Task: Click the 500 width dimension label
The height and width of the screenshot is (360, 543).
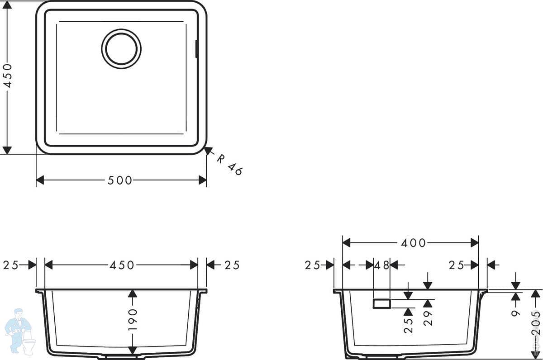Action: (120, 180)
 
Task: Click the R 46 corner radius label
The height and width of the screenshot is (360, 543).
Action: (229, 165)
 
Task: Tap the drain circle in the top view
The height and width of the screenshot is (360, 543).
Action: (121, 49)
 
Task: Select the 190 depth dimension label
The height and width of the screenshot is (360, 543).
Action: (133, 319)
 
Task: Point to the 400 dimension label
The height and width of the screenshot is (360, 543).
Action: (413, 243)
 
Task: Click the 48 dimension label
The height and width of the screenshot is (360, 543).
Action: (381, 265)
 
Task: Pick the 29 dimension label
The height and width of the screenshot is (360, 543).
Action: (428, 318)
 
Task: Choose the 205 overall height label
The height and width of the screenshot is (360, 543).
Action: (535, 323)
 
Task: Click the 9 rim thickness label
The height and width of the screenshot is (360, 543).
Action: (515, 313)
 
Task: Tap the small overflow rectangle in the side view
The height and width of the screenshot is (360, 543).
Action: (382, 304)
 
